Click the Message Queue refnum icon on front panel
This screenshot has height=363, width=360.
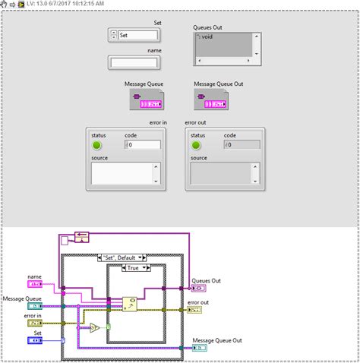[143, 100]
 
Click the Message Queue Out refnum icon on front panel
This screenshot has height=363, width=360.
[210, 100]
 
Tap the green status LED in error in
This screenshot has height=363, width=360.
[96, 144]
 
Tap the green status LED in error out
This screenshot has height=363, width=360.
[196, 144]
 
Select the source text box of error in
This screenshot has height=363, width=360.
[125, 173]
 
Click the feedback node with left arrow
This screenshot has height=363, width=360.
[81, 237]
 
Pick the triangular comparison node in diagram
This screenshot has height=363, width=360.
[94, 327]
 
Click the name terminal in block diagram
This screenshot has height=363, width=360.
[36, 284]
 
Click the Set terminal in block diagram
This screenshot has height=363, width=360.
[36, 340]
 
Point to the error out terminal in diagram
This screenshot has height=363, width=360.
[194, 310]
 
